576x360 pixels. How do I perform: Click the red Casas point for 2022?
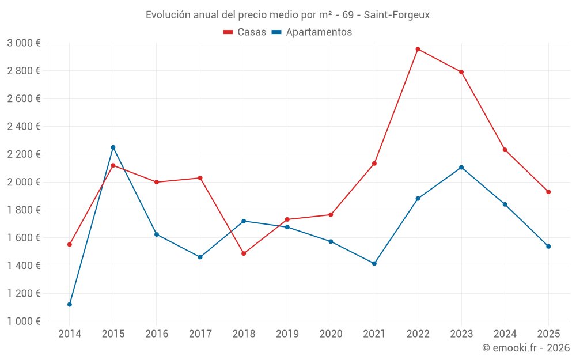click(x=418, y=49)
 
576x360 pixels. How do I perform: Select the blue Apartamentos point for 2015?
click(x=113, y=147)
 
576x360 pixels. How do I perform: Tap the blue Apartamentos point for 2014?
click(x=70, y=304)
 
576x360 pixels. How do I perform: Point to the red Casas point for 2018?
click(x=244, y=253)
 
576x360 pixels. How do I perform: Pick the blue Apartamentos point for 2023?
click(x=461, y=168)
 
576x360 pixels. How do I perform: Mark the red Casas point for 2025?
click(x=548, y=192)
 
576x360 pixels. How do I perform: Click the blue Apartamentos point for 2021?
click(x=374, y=263)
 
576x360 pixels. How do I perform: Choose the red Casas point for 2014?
click(x=70, y=244)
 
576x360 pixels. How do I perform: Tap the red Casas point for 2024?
click(x=505, y=150)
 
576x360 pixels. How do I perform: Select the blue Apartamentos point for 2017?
click(x=200, y=257)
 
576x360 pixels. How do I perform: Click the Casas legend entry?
click(x=245, y=32)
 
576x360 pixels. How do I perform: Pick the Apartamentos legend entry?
click(x=312, y=32)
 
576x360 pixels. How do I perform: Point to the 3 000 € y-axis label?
click(x=24, y=43)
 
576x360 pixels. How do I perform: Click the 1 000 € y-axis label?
click(x=24, y=321)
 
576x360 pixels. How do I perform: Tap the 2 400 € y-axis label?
click(x=24, y=126)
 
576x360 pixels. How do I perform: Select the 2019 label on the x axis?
click(x=287, y=334)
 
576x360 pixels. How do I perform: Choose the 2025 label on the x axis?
click(x=548, y=334)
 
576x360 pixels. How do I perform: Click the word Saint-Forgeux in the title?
click(x=397, y=15)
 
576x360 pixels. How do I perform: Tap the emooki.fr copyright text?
click(x=526, y=347)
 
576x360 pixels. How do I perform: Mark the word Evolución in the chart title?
click(x=168, y=15)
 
